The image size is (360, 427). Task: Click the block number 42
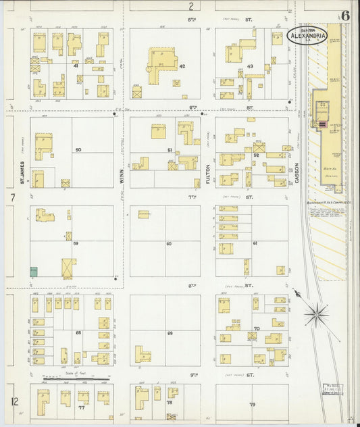[182, 66]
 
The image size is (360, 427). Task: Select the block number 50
[78, 149]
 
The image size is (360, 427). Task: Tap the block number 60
[168, 243]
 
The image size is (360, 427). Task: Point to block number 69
[170, 333]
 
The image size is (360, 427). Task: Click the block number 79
[252, 404]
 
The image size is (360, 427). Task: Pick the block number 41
[76, 66]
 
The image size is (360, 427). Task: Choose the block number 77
[81, 408]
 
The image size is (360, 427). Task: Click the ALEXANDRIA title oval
[309, 36]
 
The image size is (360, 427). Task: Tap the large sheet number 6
[346, 16]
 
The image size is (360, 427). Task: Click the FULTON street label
[208, 174]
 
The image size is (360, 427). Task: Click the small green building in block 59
[34, 271]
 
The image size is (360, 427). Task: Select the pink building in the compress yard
[322, 124]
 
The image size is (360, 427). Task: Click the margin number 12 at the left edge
[14, 401]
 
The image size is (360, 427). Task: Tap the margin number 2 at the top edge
[191, 7]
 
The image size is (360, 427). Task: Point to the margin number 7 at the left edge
[12, 197]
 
